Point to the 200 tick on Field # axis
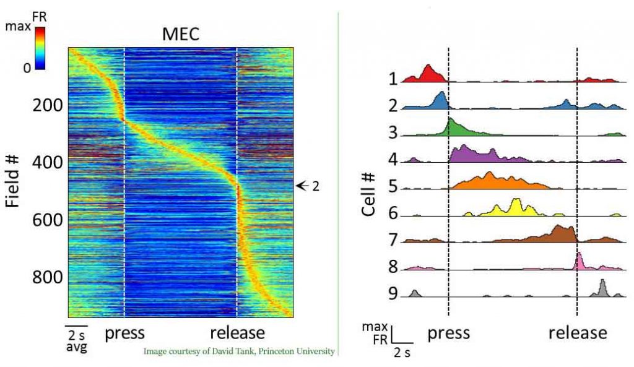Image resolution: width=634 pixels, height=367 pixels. click(48, 105)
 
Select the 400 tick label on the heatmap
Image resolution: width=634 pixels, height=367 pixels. click(48, 163)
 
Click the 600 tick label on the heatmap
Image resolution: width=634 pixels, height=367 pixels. click(48, 220)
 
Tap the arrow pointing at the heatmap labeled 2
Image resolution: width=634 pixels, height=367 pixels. click(303, 185)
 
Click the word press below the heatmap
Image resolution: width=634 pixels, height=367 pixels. click(124, 333)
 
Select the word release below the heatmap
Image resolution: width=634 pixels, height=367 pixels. click(237, 333)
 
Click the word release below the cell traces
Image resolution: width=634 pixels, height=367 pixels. click(577, 334)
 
